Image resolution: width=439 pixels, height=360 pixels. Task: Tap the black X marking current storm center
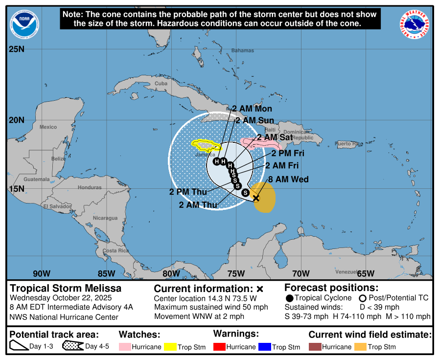click(255, 198)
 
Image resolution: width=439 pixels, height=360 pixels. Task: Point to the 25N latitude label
click(16, 49)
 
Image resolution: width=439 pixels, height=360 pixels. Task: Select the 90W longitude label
click(42, 273)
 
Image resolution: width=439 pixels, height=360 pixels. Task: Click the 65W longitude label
click(366, 273)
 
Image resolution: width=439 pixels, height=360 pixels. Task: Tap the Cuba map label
click(161, 84)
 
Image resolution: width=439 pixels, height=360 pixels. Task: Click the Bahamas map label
click(243, 50)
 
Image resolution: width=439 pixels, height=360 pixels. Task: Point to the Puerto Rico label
click(349, 144)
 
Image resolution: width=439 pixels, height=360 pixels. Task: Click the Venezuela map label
click(347, 271)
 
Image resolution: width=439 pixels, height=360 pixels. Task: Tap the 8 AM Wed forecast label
click(288, 180)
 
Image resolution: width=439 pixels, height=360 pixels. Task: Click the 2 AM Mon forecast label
click(252, 109)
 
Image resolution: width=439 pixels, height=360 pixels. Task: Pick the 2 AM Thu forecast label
click(198, 205)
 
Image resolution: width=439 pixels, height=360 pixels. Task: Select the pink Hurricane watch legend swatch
click(124, 347)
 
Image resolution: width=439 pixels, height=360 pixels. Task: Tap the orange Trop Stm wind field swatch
click(360, 347)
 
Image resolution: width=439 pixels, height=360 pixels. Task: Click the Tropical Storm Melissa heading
click(66, 288)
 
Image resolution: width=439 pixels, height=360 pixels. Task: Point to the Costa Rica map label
click(116, 250)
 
